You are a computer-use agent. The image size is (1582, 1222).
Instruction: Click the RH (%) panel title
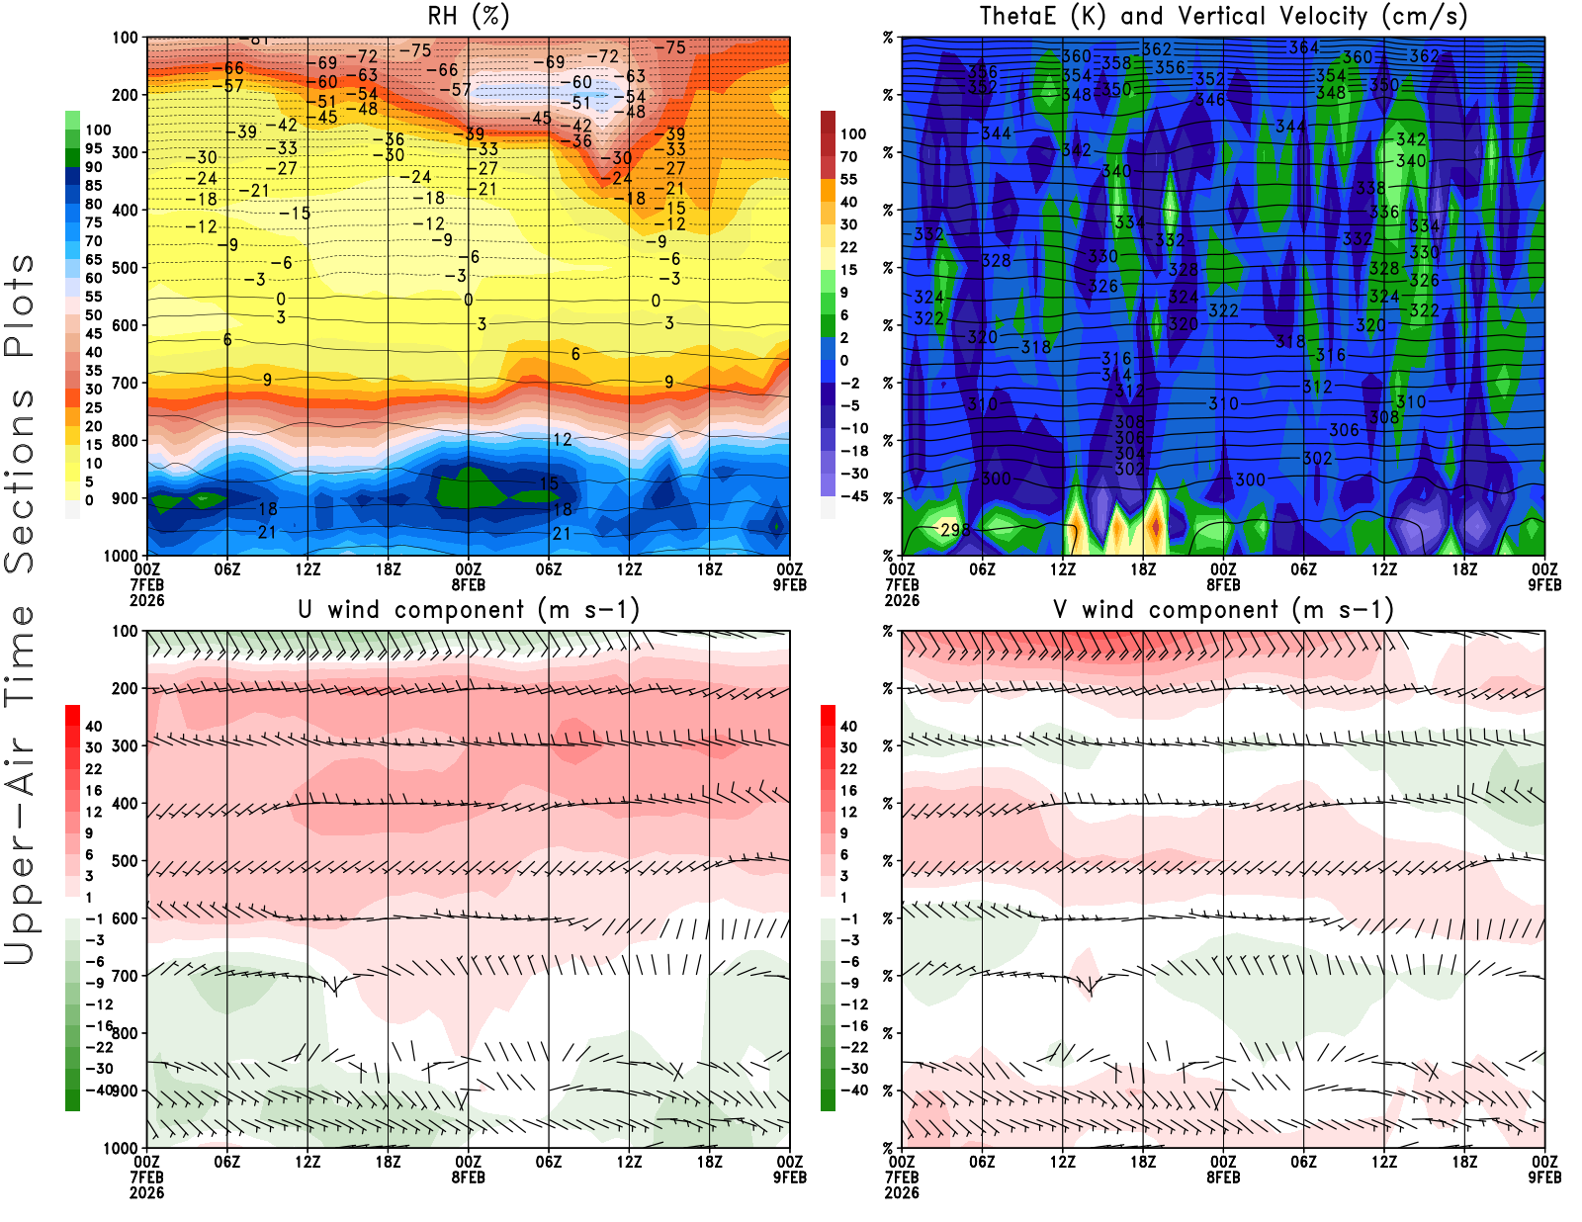pos(468,16)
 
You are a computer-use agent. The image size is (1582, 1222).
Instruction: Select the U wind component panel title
pos(468,609)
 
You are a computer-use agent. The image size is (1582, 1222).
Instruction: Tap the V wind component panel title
pos(1223,609)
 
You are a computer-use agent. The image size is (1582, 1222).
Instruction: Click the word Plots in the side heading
pos(20,305)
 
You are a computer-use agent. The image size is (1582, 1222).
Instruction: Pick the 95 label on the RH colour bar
pos(93,148)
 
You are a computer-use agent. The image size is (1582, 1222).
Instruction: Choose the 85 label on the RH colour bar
pos(93,185)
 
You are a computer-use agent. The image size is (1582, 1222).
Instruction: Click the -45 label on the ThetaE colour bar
pos(853,496)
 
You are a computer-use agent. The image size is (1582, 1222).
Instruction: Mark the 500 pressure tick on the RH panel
pos(125,267)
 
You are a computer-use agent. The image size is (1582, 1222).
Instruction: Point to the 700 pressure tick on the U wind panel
pos(125,976)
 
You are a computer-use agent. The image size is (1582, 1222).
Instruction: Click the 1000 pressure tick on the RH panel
pos(121,556)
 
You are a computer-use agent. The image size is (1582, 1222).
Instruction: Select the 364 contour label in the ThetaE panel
pos(1303,47)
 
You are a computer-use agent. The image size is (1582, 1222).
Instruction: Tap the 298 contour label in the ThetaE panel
pos(955,530)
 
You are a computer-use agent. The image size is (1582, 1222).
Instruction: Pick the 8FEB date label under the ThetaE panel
pos(1223,584)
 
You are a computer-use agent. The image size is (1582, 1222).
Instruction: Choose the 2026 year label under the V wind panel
pos(902,1192)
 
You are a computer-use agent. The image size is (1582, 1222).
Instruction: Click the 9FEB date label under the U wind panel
pos(790,1178)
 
